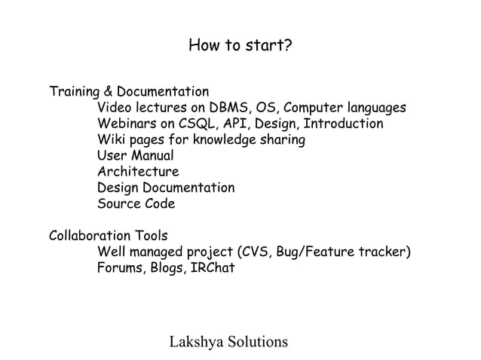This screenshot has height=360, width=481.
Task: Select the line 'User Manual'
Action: point(136,156)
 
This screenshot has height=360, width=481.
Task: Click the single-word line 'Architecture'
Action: point(138,172)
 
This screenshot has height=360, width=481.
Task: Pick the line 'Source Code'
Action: point(136,204)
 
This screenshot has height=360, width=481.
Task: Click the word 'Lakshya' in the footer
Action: point(195,342)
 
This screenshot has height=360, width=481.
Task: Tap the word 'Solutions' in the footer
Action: point(256,342)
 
